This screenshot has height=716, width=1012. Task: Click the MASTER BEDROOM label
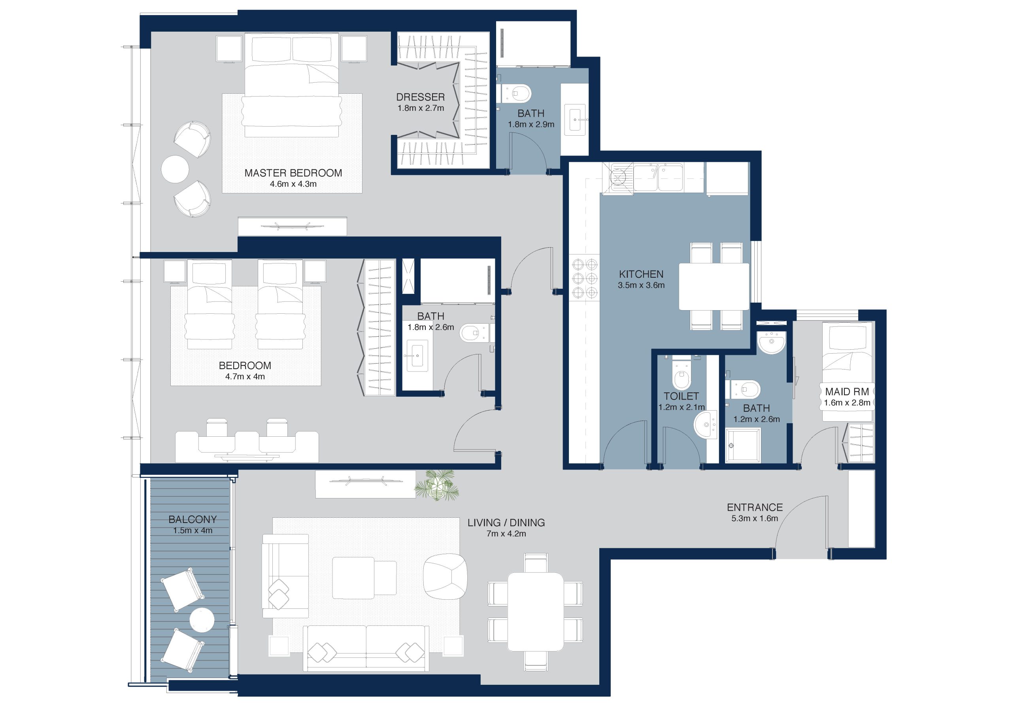(293, 173)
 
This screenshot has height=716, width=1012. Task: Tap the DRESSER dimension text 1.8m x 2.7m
(421, 108)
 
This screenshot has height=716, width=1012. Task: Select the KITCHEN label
(641, 274)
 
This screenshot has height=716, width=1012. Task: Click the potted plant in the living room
(436, 485)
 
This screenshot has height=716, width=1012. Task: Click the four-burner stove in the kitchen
(584, 278)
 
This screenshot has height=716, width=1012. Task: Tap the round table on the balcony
(202, 620)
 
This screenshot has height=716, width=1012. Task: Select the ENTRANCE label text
(755, 508)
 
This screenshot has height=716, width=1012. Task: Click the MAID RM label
(847, 391)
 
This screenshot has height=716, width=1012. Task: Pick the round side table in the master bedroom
(175, 169)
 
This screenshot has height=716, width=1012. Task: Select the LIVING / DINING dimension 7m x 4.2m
(506, 534)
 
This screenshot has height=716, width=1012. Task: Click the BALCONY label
(193, 519)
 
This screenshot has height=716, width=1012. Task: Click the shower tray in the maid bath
(743, 445)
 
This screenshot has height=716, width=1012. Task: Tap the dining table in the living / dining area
(536, 612)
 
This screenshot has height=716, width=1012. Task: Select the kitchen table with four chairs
(714, 286)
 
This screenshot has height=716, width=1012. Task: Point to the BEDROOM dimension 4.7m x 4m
(245, 377)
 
